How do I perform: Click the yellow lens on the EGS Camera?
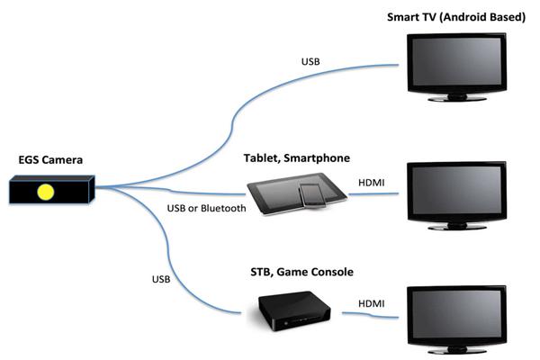coord(44,191)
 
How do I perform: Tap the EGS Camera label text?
coord(50,160)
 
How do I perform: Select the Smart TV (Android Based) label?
coord(455,17)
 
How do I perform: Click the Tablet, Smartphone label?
coord(296,157)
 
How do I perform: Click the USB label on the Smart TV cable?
coord(311,62)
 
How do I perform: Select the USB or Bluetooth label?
coord(207,209)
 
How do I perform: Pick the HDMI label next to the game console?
coord(372,304)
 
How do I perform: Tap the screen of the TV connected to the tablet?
coord(458,192)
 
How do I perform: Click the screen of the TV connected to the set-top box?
coord(458,314)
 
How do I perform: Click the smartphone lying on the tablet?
coord(310,193)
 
